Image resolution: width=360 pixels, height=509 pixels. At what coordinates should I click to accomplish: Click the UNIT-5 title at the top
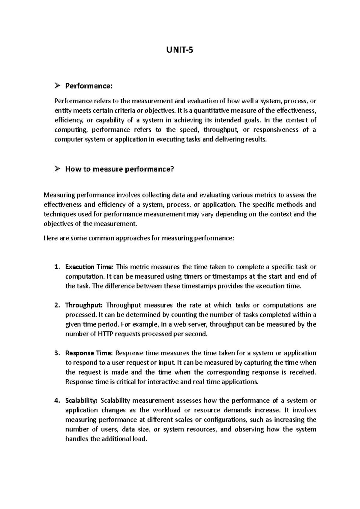(x=180, y=50)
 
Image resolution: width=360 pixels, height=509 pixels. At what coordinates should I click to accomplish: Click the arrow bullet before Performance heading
(x=58, y=86)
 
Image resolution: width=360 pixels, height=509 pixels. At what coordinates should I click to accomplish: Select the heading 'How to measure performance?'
(x=119, y=169)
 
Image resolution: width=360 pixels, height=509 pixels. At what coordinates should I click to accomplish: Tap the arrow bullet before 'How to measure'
(x=58, y=169)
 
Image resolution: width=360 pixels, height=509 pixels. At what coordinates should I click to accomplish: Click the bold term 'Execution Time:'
(x=89, y=267)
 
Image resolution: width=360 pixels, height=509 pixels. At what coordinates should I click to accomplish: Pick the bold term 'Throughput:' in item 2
(x=84, y=305)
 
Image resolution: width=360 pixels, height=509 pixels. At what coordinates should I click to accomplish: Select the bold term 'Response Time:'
(x=89, y=353)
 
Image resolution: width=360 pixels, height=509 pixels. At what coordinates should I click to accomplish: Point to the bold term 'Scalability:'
(x=81, y=401)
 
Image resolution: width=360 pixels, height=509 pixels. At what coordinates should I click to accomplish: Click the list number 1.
(x=57, y=267)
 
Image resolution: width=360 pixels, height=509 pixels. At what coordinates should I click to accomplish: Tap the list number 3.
(x=57, y=353)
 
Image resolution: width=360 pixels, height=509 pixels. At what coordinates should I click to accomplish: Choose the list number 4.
(x=57, y=401)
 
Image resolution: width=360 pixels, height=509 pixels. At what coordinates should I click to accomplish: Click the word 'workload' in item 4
(x=167, y=410)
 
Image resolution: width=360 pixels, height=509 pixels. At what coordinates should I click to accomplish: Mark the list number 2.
(x=57, y=305)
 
